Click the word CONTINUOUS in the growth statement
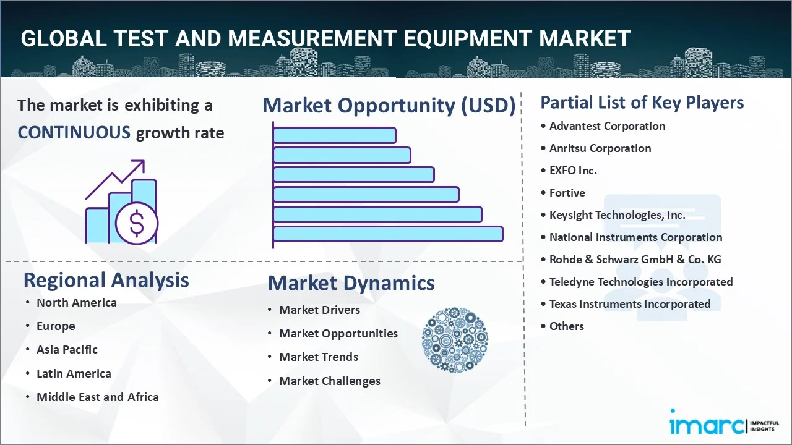pyautogui.click(x=74, y=132)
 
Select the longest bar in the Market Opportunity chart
pyautogui.click(x=387, y=234)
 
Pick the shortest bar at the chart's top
pyautogui.click(x=334, y=135)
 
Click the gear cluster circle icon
pyautogui.click(x=455, y=340)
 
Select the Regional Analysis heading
pyautogui.click(x=106, y=280)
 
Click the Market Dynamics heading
pyautogui.click(x=351, y=283)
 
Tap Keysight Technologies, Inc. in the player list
pyautogui.click(x=617, y=215)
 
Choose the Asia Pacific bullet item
pyautogui.click(x=67, y=350)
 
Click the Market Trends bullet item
pyautogui.click(x=318, y=357)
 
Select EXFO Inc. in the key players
pyautogui.click(x=573, y=171)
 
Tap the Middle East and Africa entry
pyautogui.click(x=97, y=397)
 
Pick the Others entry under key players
pyautogui.click(x=566, y=326)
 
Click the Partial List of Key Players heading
pyautogui.click(x=642, y=103)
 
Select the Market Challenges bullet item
pyautogui.click(x=329, y=381)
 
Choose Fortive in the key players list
pyautogui.click(x=567, y=193)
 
